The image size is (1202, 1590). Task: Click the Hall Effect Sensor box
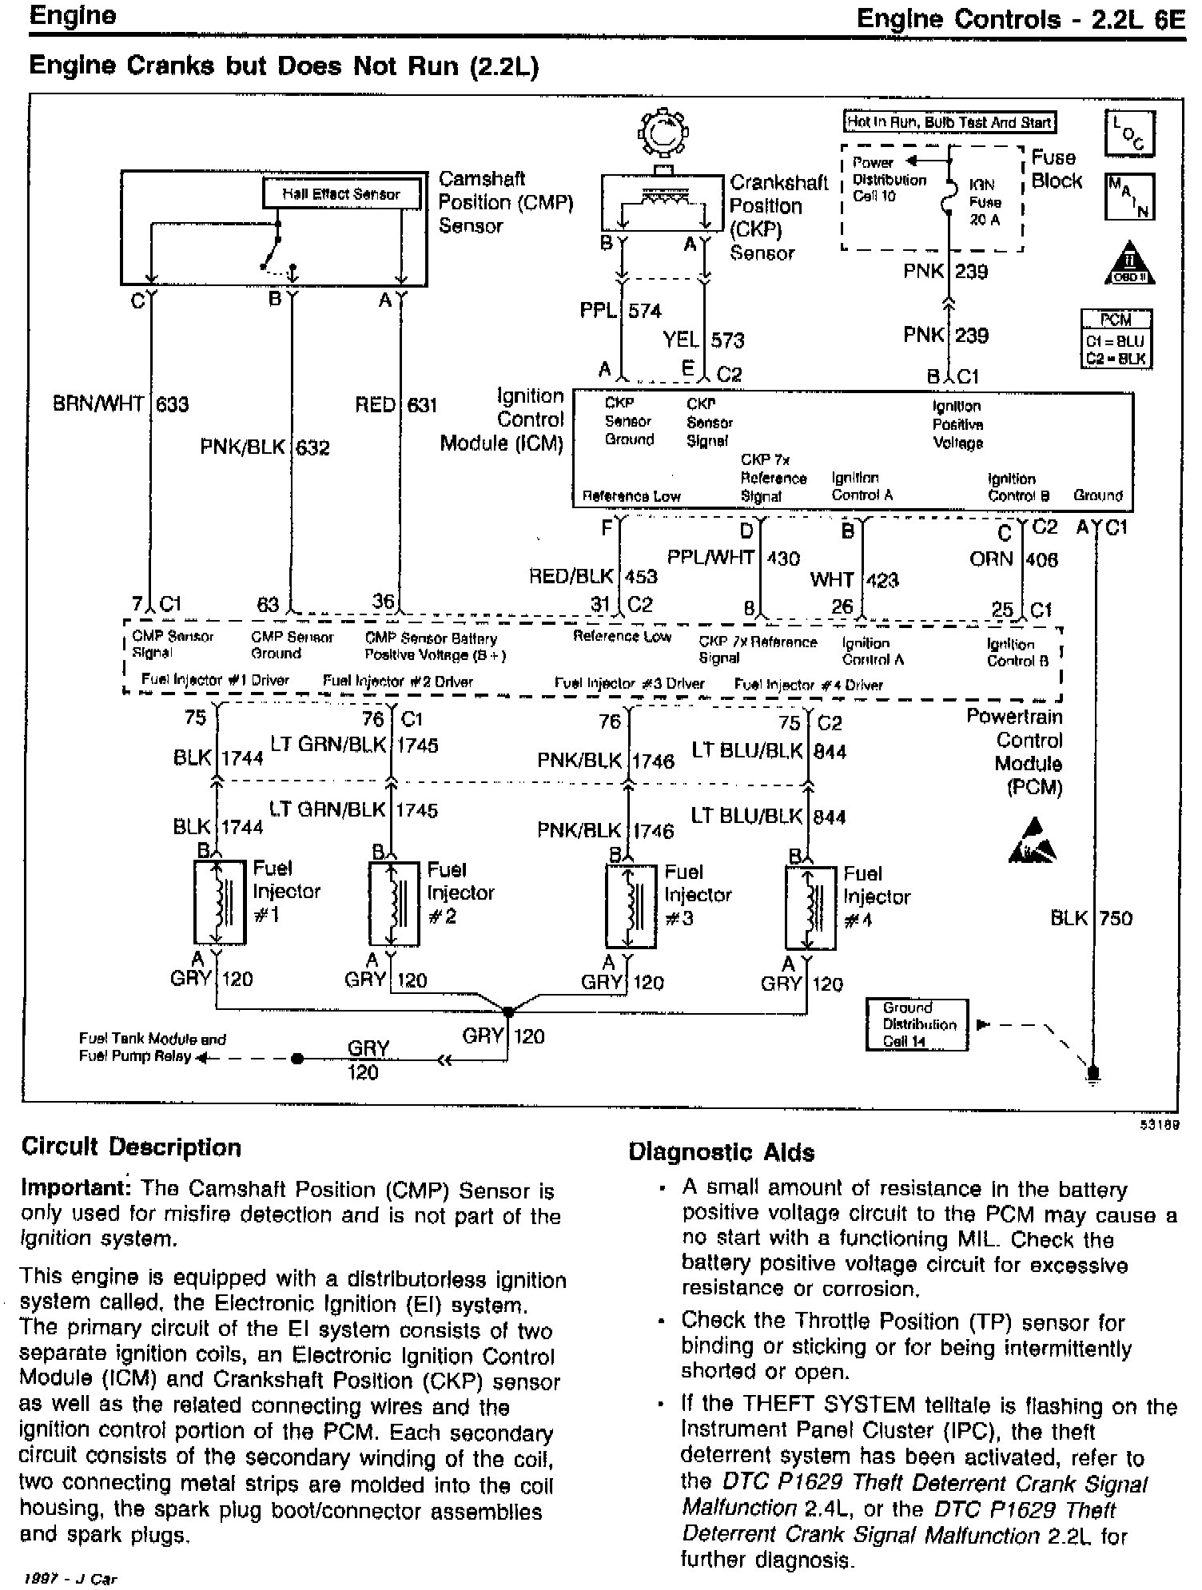[341, 194]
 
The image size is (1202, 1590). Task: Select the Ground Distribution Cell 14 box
[917, 1024]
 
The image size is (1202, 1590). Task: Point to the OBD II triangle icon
[1128, 264]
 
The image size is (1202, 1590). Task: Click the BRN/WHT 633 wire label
[121, 404]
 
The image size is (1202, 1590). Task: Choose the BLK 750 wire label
[1091, 918]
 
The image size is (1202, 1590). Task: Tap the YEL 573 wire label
[702, 340]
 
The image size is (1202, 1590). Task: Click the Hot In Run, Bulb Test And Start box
[949, 122]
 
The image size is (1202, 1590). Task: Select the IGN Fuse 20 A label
[984, 202]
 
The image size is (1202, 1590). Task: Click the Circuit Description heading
[131, 1147]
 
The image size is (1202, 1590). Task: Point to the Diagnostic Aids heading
[721, 1152]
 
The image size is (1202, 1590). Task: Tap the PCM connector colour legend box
[1116, 339]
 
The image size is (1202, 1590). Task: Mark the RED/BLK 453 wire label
[593, 576]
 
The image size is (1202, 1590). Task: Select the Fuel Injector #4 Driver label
[808, 685]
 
